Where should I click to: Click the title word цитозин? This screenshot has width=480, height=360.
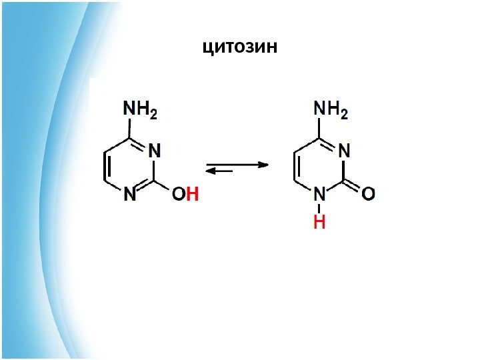tap(239, 47)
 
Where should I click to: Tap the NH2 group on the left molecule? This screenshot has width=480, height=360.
tap(140, 109)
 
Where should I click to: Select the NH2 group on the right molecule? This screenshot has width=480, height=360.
tap(331, 109)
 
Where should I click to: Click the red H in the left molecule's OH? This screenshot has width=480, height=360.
tap(192, 194)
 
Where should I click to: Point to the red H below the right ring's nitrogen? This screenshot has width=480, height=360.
tap(319, 223)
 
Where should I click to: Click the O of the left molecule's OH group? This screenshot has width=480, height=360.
tap(179, 194)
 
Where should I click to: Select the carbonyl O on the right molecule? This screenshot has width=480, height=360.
tap(368, 193)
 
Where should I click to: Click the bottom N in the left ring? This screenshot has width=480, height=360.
tap(129, 194)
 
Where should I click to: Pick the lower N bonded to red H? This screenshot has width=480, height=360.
tap(319, 194)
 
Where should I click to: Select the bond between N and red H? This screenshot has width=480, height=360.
tap(319, 208)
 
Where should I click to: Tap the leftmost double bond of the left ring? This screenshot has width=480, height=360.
tap(105, 167)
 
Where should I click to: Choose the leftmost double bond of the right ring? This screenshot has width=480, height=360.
tap(295, 167)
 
